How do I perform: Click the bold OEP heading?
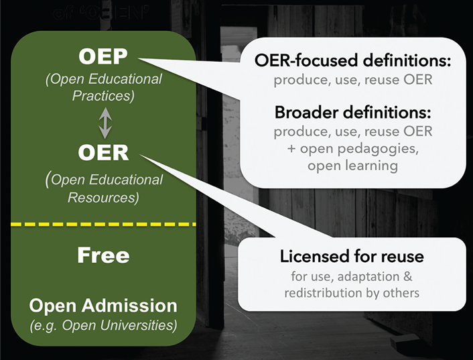point(103,56)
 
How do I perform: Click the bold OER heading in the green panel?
point(103,152)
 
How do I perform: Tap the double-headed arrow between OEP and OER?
point(104,123)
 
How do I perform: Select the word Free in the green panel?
point(103,255)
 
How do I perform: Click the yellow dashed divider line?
point(103,224)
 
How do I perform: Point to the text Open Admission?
point(103,306)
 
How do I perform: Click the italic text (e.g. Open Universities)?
point(103,326)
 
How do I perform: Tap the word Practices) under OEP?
point(104,96)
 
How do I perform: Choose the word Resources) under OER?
point(103,197)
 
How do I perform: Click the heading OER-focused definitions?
point(352,62)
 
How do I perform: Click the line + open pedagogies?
point(352,147)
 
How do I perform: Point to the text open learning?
point(352,165)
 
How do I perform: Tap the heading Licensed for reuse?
point(352,257)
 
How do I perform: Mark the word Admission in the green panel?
point(139,306)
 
